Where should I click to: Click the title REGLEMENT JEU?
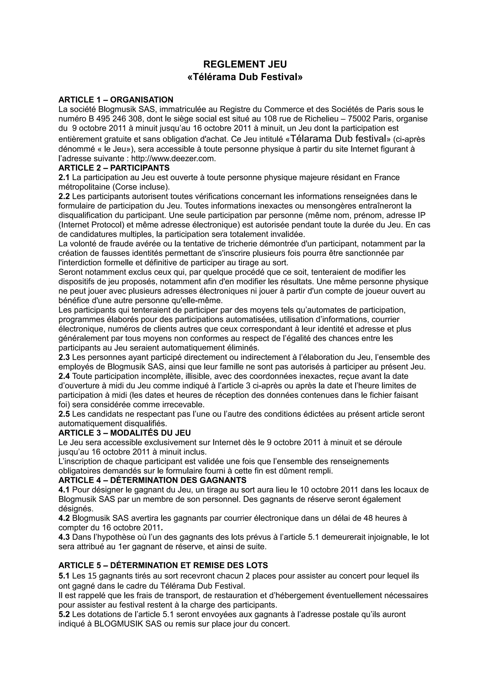245,64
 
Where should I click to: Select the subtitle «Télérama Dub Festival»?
245,77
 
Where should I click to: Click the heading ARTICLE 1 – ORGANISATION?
116,100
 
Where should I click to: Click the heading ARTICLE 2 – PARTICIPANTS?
114,168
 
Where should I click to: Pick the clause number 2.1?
64,177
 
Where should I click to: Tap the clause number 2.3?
64,357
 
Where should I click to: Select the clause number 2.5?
64,414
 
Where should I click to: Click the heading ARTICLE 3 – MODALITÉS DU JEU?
125,433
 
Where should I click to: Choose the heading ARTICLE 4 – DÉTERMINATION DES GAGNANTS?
152,480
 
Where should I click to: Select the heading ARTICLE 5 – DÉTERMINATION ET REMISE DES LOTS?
163,565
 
